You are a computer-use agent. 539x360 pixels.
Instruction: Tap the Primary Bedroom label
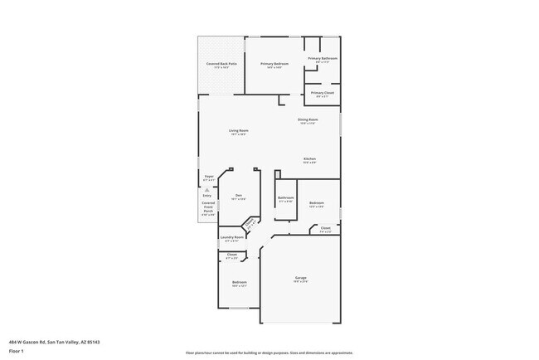(274, 65)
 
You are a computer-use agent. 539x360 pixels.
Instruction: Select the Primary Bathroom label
(323, 59)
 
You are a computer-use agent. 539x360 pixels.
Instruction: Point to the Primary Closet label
(323, 94)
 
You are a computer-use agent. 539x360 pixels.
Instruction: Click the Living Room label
(239, 131)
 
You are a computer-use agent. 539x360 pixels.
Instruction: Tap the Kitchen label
(309, 158)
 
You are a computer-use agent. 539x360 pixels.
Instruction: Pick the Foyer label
(209, 177)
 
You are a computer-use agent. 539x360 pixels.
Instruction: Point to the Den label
(238, 197)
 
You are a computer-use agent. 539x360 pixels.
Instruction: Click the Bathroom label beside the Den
(286, 198)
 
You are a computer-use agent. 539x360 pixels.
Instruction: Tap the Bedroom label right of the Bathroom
(317, 203)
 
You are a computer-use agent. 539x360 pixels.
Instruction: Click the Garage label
(301, 278)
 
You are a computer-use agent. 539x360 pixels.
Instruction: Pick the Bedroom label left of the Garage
(239, 284)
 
